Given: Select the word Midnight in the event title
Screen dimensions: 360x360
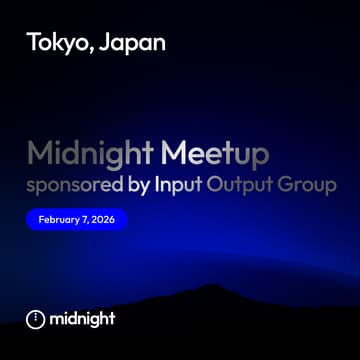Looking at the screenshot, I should (x=89, y=154).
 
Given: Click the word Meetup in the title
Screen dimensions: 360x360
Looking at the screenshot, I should (x=215, y=154).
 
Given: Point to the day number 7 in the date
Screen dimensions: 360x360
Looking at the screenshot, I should (x=84, y=219).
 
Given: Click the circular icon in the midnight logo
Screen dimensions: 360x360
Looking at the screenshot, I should (x=35, y=319).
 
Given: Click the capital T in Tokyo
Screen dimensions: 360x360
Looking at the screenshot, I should (x=33, y=43).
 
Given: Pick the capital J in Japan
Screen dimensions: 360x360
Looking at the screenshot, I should (x=111, y=43).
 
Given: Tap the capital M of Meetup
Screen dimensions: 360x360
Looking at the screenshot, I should (x=173, y=154).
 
